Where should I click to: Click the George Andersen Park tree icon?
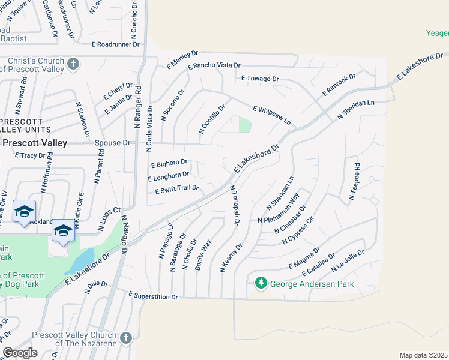click(261, 282)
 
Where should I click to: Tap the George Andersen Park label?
click(312, 284)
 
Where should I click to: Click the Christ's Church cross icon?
click(74, 64)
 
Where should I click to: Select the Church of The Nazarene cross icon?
click(125, 338)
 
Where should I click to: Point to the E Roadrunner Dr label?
click(116, 44)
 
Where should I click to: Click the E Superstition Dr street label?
click(154, 296)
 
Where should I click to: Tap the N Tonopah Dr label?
click(235, 205)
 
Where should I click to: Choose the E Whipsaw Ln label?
click(272, 115)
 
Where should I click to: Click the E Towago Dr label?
click(261, 79)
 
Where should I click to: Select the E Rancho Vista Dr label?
click(214, 65)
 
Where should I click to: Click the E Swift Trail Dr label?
click(176, 190)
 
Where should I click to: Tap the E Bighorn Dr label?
click(169, 163)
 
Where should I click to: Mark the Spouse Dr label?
click(112, 143)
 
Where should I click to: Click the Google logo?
click(20, 353)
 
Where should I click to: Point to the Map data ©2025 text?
click(424, 355)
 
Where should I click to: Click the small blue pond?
click(80, 261)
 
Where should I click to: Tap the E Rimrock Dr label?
click(339, 84)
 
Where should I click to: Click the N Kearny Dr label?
click(231, 257)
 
